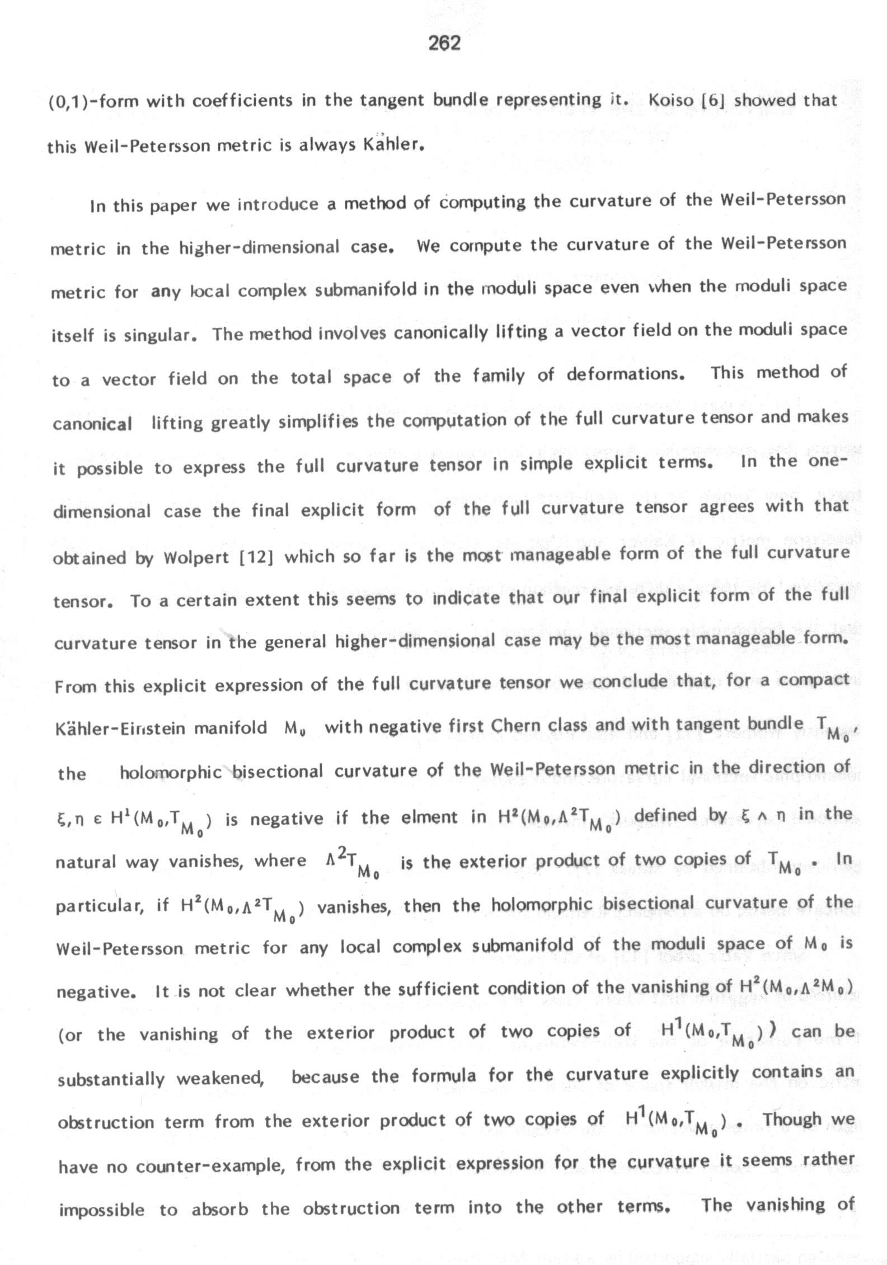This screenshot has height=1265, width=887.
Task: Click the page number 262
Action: point(444,43)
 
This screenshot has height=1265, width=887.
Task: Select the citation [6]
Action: point(714,101)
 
